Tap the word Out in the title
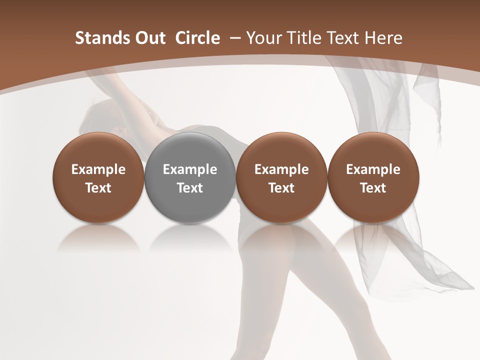(148, 38)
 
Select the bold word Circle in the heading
(197, 38)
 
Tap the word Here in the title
(384, 38)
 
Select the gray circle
(190, 178)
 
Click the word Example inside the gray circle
(190, 170)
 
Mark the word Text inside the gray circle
(190, 188)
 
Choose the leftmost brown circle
(98, 178)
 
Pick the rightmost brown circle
(373, 178)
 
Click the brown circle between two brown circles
(281, 178)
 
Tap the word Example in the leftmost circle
(98, 170)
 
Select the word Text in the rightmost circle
(373, 188)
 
